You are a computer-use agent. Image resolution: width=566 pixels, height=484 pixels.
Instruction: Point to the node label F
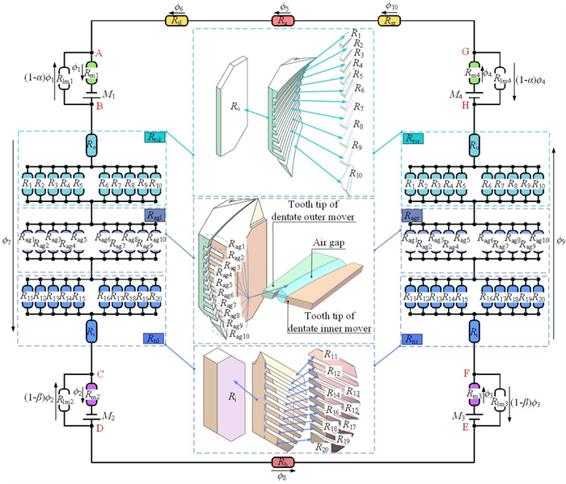click(x=467, y=375)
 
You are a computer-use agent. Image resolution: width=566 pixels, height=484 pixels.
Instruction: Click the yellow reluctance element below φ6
click(x=179, y=21)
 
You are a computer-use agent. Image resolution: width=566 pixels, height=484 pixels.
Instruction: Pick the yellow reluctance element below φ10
click(x=386, y=21)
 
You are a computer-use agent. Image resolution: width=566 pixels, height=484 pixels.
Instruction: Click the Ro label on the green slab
click(x=234, y=104)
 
